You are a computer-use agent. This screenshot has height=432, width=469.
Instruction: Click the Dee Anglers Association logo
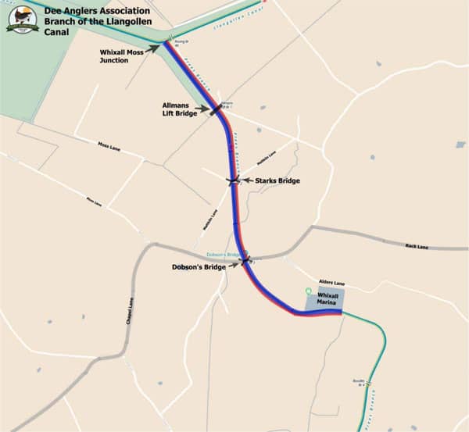[22, 19]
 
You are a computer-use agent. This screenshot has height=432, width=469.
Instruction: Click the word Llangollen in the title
[138, 20]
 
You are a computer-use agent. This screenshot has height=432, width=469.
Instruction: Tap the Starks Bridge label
[277, 180]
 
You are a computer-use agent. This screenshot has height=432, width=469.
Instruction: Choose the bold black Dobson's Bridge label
[199, 267]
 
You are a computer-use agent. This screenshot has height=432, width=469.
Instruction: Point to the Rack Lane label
[417, 247]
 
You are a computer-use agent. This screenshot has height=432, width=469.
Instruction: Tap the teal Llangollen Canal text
[235, 24]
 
